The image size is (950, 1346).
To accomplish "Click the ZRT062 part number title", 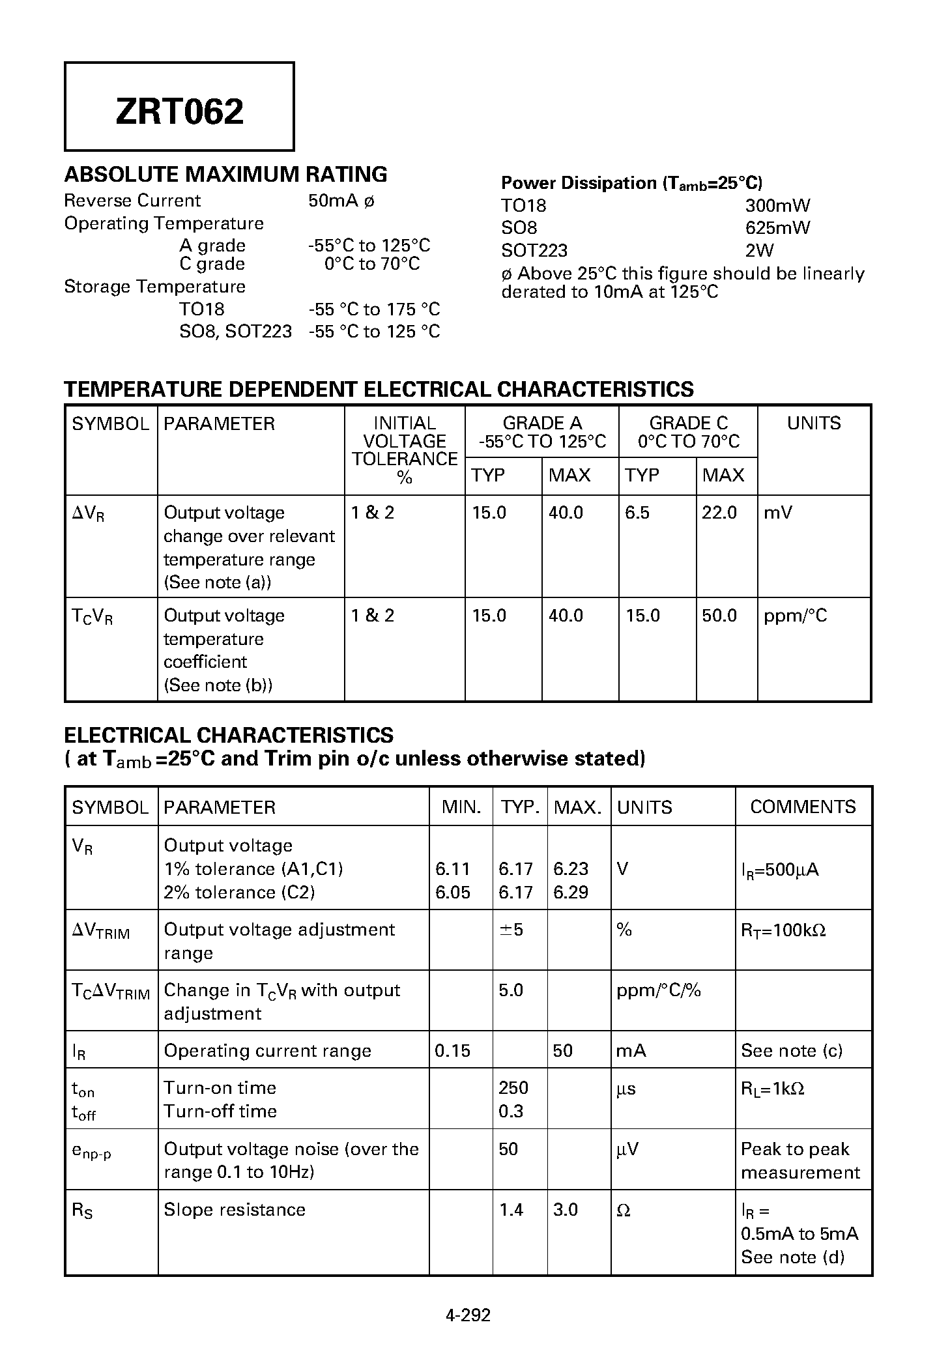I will point(179,111).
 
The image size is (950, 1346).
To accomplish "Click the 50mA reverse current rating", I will point(333,201).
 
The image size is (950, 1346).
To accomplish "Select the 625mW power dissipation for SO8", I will point(777,228).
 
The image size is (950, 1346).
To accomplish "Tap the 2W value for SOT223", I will point(759,251).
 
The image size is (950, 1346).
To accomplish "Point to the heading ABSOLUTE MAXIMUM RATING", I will point(225,175).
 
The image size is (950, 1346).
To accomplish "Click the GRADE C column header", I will point(688,423).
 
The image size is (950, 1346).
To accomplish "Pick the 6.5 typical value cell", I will point(637,513).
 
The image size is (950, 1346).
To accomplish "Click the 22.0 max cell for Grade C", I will point(719,513).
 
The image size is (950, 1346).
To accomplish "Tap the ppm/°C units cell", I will point(795,616).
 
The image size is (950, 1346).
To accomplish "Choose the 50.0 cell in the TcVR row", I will point(719,616).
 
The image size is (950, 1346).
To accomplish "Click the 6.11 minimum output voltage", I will point(452,869).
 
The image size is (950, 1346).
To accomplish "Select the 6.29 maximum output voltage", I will point(570,893).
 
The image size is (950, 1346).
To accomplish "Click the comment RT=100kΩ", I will point(783,930).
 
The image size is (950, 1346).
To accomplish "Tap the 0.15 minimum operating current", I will point(452,1051).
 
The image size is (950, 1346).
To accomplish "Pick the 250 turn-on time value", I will point(513,1088).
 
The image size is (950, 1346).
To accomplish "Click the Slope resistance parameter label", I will point(235,1210).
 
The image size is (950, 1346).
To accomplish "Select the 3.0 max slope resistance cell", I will point(565,1210).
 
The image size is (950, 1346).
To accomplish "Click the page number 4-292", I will point(468,1315).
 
